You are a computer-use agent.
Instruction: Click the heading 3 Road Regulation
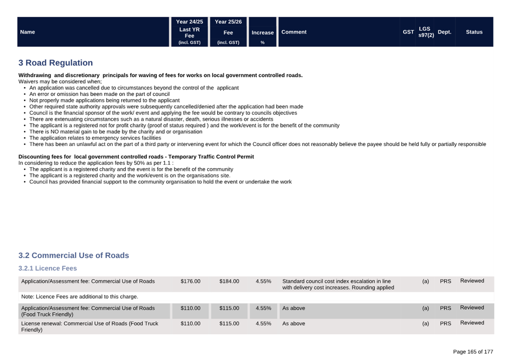tap(56, 63)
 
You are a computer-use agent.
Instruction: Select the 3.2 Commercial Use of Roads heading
tap(74, 255)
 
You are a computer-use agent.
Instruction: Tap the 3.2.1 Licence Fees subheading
tap(48, 268)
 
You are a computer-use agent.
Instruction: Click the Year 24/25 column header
tap(189, 22)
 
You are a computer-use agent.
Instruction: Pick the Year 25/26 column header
tap(228, 22)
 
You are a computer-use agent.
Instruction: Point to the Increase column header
tap(263, 33)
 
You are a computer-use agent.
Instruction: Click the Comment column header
tap(294, 32)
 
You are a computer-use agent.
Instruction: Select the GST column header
tap(408, 32)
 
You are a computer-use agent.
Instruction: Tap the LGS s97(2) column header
tap(426, 32)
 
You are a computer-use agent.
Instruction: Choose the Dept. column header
tap(444, 32)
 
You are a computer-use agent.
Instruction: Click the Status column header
tap(474, 32)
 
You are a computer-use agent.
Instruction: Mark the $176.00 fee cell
tap(190, 281)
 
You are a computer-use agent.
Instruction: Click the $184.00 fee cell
tap(229, 281)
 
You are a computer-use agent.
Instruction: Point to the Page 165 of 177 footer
tap(473, 352)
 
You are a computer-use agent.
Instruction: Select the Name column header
tap(27, 32)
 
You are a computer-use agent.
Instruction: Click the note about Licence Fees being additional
tap(79, 296)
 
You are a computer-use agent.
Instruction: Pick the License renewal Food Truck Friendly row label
tap(90, 326)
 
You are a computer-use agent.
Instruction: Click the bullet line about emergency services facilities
tap(95, 138)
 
